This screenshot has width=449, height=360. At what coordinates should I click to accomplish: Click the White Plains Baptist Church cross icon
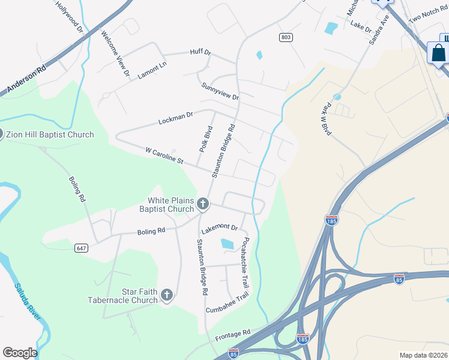pos(203,205)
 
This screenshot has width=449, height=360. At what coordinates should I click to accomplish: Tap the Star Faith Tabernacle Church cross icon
pos(167,295)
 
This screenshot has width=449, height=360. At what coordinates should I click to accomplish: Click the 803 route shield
pos(286,37)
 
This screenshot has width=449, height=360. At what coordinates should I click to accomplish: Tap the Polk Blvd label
pos(205,139)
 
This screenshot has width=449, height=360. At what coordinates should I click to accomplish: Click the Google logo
pos(20,353)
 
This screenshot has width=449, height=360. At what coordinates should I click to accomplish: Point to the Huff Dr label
pos(201,53)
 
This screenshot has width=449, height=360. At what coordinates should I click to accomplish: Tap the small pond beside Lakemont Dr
pos(228,244)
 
